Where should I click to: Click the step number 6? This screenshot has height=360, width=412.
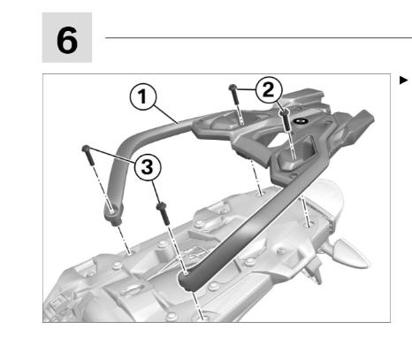click(67, 41)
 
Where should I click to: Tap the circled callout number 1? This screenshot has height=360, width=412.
click(143, 96)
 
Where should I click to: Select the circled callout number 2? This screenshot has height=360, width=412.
click(269, 89)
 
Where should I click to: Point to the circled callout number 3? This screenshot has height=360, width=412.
click(148, 167)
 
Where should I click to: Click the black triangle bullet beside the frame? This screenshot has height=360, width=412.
click(403, 80)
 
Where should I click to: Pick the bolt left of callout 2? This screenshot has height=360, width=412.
click(234, 95)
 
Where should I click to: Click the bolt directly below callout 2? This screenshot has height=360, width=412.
click(286, 119)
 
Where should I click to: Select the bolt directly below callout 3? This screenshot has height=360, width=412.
click(164, 213)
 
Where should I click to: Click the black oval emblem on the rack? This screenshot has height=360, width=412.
click(300, 121)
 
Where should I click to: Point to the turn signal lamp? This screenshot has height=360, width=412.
click(347, 254)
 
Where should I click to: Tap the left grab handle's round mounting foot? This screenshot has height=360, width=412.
click(114, 214)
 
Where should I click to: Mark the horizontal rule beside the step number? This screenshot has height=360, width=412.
click(258, 38)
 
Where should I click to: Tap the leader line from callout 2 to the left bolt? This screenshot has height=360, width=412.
click(247, 88)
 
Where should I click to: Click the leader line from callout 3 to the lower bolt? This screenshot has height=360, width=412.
click(156, 192)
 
